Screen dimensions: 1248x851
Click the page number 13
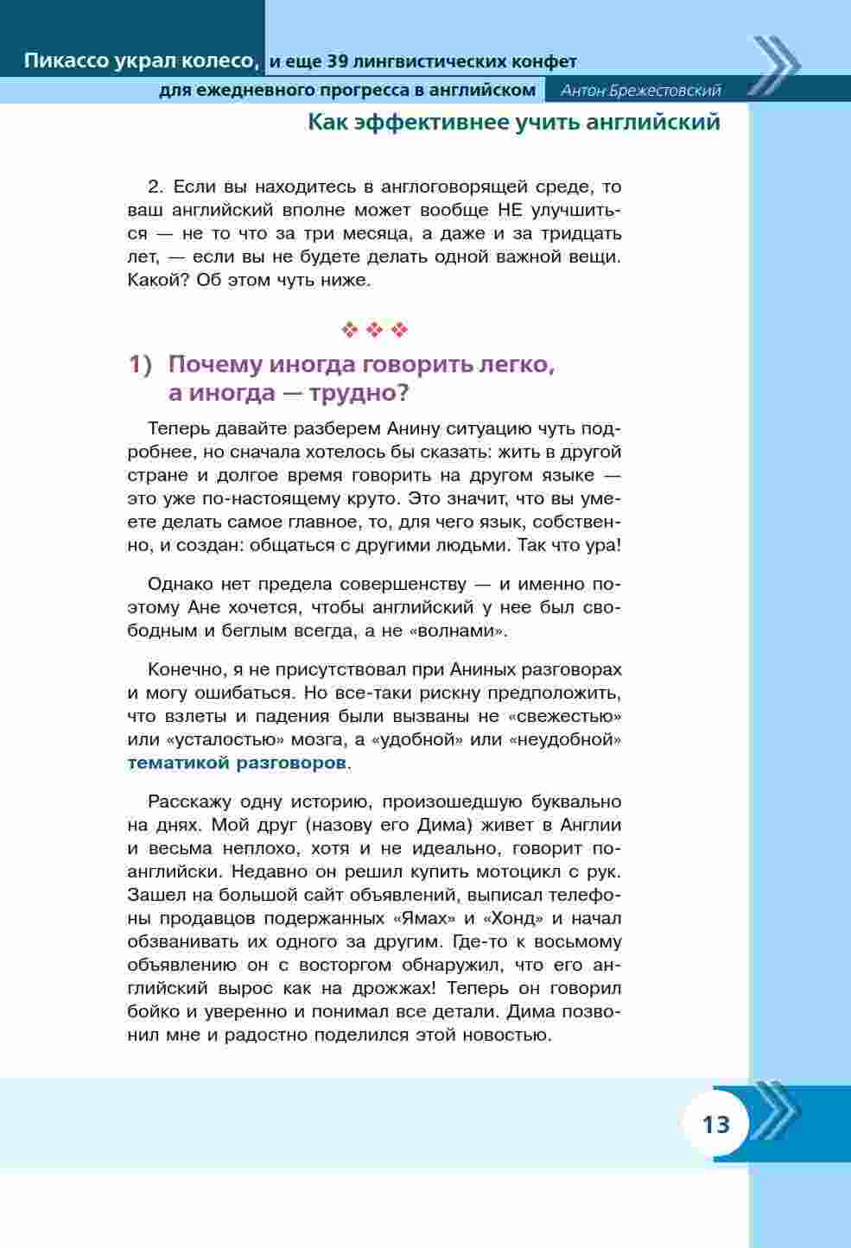716,1124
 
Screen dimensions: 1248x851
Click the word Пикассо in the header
66,61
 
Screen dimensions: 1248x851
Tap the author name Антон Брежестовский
640,91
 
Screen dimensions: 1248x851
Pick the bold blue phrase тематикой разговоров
237,763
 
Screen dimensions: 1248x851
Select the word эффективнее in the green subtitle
436,123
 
